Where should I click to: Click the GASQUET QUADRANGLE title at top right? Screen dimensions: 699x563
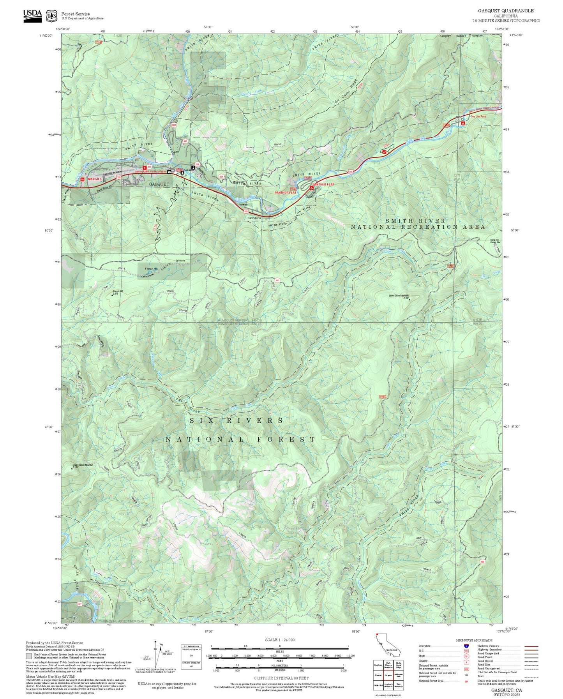[x=506, y=11]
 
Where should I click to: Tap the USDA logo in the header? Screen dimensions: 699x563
[x=32, y=15]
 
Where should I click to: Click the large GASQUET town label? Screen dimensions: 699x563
[x=159, y=184]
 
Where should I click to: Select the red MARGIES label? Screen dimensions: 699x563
[x=95, y=179]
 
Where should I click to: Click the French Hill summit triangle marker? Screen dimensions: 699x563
[x=112, y=295]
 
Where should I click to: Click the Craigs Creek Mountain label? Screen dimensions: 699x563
[x=83, y=465]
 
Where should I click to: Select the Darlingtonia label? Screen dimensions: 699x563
[x=254, y=218]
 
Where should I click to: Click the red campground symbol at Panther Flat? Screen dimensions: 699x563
[x=311, y=188]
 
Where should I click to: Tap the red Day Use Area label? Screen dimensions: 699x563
[x=478, y=116]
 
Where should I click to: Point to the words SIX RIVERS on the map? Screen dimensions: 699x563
[x=236, y=421]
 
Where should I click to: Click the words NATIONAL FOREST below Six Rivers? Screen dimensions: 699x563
[x=240, y=440]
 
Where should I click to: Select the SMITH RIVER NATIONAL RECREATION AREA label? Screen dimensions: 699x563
[x=418, y=224]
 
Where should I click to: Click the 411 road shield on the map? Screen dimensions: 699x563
[x=277, y=280]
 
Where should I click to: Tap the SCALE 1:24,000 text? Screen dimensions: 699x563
[x=279, y=640]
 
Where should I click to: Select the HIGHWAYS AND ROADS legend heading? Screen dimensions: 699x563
[x=474, y=640]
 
